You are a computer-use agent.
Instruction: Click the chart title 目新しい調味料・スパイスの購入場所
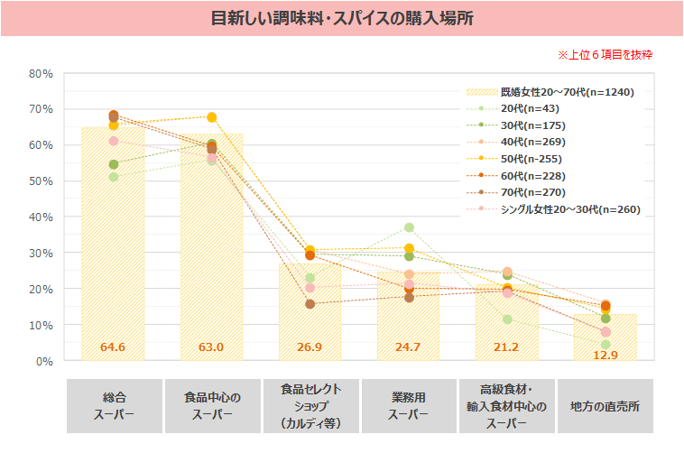342,19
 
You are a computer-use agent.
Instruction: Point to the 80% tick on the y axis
41,73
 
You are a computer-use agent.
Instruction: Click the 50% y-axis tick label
41,181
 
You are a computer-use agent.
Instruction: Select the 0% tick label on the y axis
44,361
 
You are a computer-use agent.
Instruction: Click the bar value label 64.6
113,347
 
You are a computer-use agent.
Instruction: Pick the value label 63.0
211,347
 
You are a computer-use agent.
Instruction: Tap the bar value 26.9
310,347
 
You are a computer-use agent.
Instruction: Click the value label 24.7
409,347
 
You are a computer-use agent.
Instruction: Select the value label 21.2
506,347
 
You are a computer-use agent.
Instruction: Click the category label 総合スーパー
113,406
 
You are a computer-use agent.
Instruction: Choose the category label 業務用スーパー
409,406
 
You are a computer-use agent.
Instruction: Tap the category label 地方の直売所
605,406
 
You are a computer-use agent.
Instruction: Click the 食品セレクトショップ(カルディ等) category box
310,406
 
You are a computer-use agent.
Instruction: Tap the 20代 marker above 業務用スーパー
409,227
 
